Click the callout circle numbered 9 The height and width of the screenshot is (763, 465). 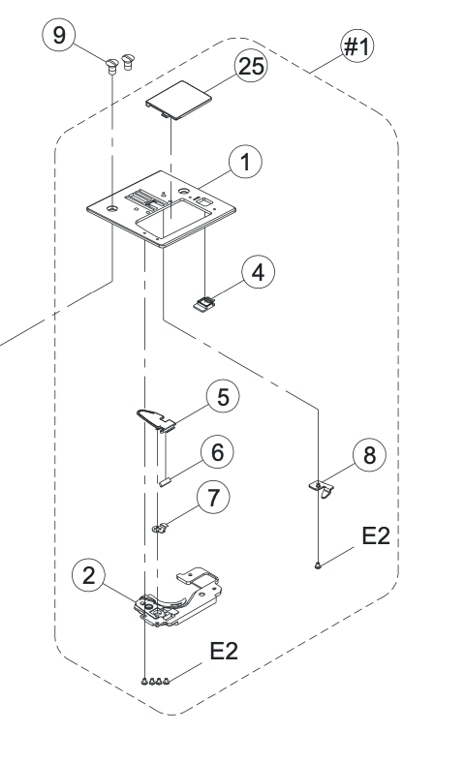[59, 35]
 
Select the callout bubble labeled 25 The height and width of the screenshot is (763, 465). [251, 66]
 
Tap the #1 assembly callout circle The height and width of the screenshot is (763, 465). [357, 46]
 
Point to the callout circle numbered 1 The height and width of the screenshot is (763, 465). [245, 162]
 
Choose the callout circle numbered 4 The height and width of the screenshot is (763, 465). [258, 271]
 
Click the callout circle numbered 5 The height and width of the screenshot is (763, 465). [223, 397]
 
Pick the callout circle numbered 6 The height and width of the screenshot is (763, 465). [217, 452]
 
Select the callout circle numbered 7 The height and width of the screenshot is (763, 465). [213, 498]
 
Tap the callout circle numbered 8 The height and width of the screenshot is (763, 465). [369, 455]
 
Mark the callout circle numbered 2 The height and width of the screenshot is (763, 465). [88, 575]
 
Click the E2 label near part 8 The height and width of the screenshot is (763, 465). [376, 535]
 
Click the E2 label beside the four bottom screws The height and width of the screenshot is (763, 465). [224, 651]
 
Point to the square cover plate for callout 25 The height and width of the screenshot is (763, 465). [178, 100]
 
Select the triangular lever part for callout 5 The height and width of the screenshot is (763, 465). [155, 419]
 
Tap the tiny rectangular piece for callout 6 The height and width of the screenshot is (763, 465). [164, 483]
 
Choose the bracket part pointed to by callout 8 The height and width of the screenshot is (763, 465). [323, 488]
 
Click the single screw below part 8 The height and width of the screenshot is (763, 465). [318, 565]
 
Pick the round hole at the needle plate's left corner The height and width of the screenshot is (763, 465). [112, 208]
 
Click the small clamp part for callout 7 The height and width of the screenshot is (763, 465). [159, 528]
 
